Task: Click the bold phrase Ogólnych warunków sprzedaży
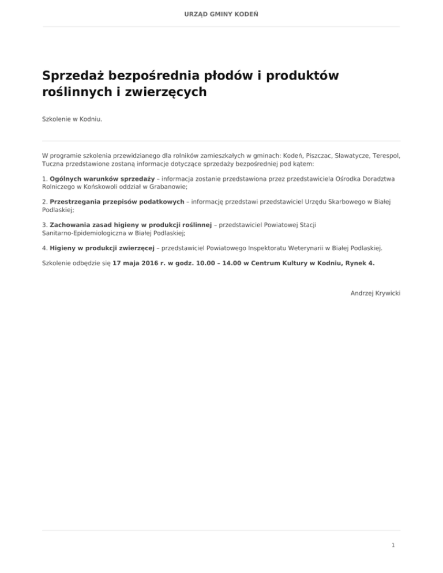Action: [x=102, y=179]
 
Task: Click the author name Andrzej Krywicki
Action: [x=375, y=293]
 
